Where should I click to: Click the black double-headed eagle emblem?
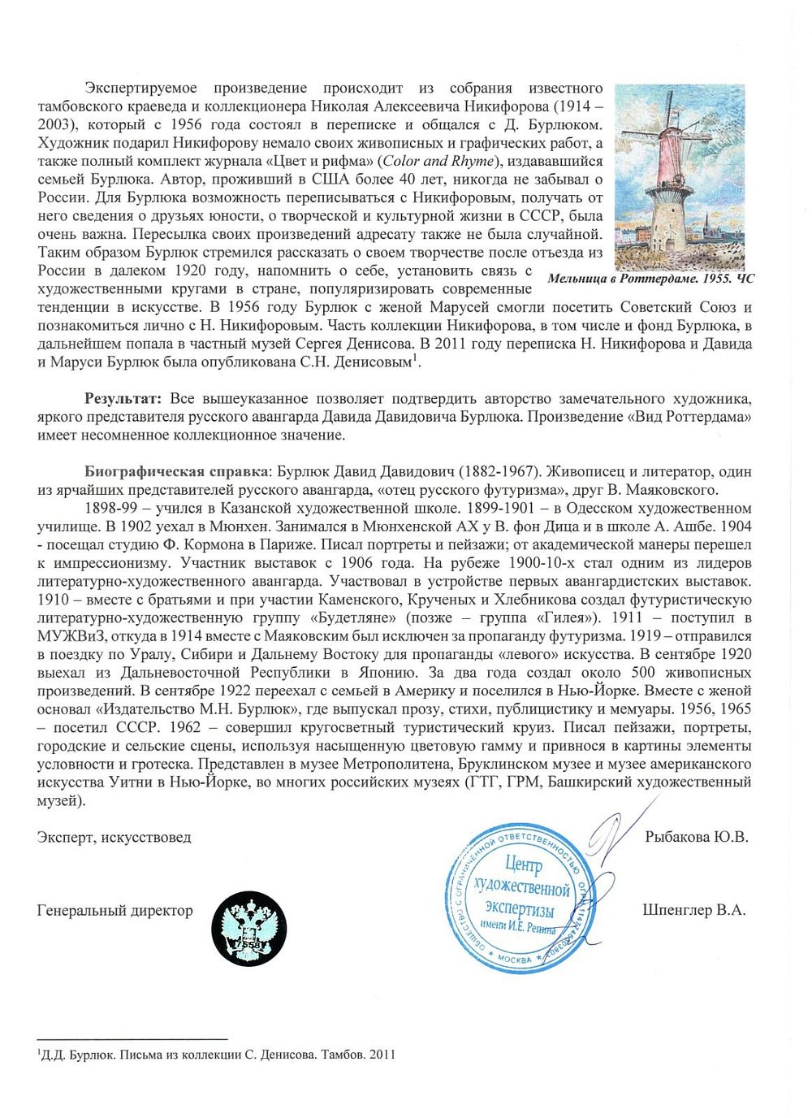click(248, 928)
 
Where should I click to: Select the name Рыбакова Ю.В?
click(696, 836)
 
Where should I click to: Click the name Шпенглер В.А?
click(693, 910)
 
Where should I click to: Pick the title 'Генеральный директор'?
click(114, 911)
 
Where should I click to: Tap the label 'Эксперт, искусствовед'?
click(114, 837)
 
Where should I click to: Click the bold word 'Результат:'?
click(123, 399)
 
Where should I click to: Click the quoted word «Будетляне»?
click(353, 617)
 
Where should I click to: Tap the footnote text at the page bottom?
click(217, 1055)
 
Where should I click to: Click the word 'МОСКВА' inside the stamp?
click(515, 959)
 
